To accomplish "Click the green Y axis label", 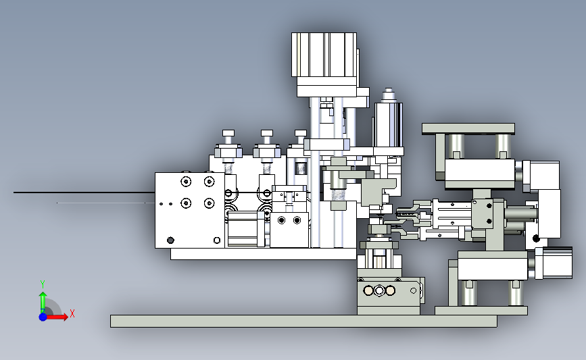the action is tap(43, 284).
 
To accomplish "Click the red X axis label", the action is tap(72, 313).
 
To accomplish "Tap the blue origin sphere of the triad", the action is tap(43, 317).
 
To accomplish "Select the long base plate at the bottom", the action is tap(303, 321).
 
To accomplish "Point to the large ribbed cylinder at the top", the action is tap(324, 55).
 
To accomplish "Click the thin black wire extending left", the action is tap(84, 192).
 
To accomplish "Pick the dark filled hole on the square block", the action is tap(170, 240).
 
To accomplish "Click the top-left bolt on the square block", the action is tap(186, 182).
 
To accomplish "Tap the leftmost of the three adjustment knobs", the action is tap(228, 133).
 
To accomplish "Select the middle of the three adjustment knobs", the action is tap(267, 133).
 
